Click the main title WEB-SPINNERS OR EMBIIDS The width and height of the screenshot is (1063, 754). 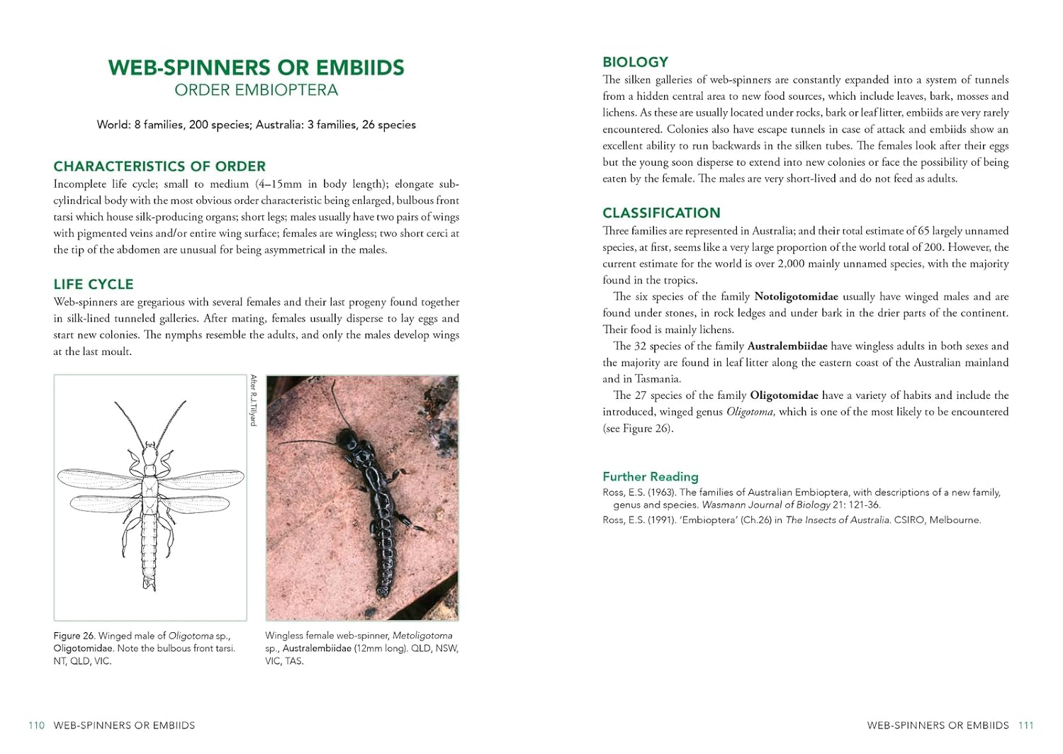click(x=256, y=68)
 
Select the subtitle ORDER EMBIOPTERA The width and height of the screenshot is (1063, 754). click(x=256, y=90)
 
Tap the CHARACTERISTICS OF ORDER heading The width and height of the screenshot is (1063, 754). click(x=159, y=167)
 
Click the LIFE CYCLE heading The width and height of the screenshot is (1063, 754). click(x=94, y=284)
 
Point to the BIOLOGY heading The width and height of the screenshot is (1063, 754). click(x=635, y=62)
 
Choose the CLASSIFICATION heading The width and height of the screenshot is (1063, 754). click(x=661, y=213)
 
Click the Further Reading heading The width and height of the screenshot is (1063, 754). click(x=650, y=477)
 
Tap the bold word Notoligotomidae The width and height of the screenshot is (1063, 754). click(x=796, y=296)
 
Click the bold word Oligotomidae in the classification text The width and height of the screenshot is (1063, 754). click(x=784, y=395)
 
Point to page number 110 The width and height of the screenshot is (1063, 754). click(x=36, y=726)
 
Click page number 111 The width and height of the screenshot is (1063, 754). click(x=1025, y=726)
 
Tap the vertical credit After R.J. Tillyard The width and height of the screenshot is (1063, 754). click(x=253, y=400)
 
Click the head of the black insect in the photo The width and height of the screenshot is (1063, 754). click(x=347, y=439)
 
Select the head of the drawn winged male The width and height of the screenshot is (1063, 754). click(x=150, y=449)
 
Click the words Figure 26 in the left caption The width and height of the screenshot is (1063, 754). click(x=74, y=636)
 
